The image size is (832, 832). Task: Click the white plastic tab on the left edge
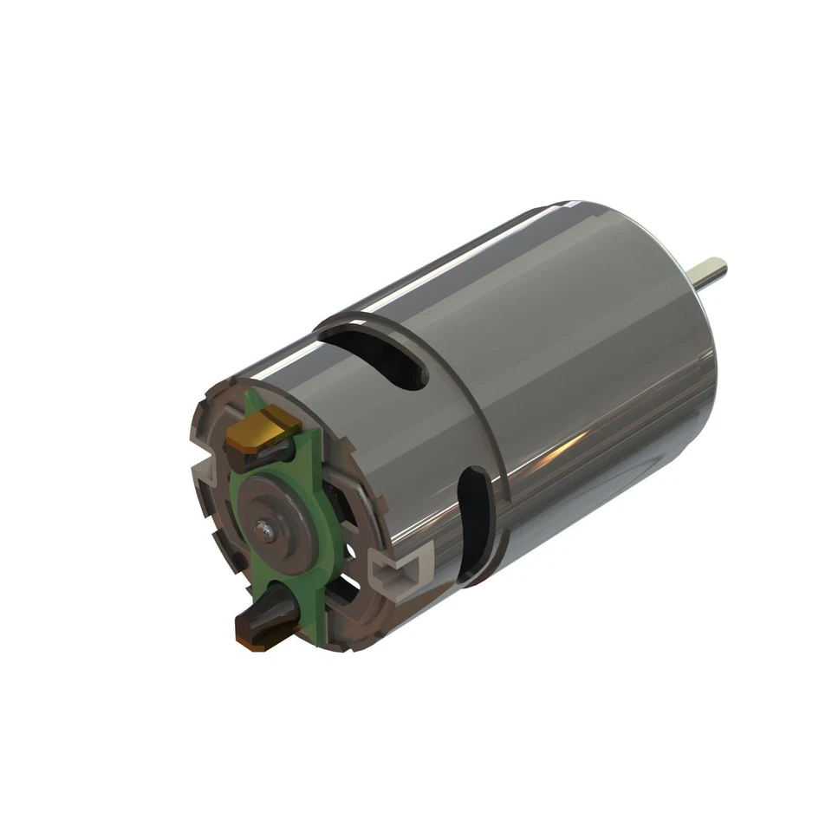click(201, 472)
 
